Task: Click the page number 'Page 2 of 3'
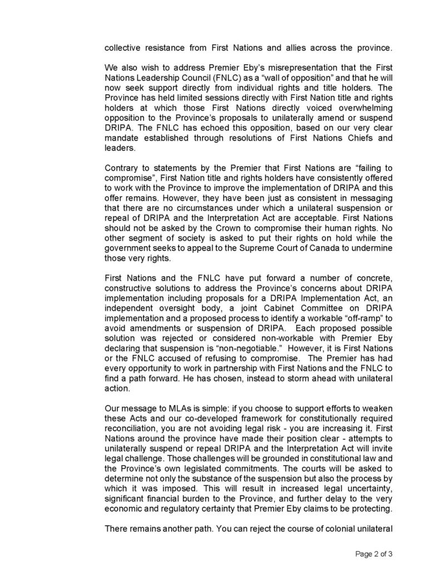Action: [x=374, y=554]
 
